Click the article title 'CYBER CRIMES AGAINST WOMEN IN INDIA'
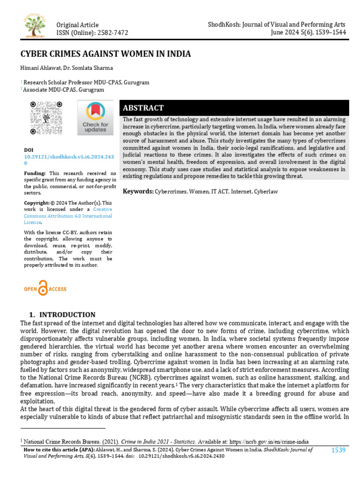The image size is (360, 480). [105, 54]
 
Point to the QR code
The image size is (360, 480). [46, 118]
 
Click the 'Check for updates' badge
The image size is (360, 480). [95, 118]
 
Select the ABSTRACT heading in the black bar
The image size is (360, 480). [142, 108]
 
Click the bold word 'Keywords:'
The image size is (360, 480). [138, 191]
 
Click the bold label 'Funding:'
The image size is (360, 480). [35, 173]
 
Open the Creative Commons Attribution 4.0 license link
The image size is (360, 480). [68, 216]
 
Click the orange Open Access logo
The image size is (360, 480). [45, 288]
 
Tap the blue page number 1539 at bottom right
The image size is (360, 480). [338, 450]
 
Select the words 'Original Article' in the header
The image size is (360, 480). [77, 25]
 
